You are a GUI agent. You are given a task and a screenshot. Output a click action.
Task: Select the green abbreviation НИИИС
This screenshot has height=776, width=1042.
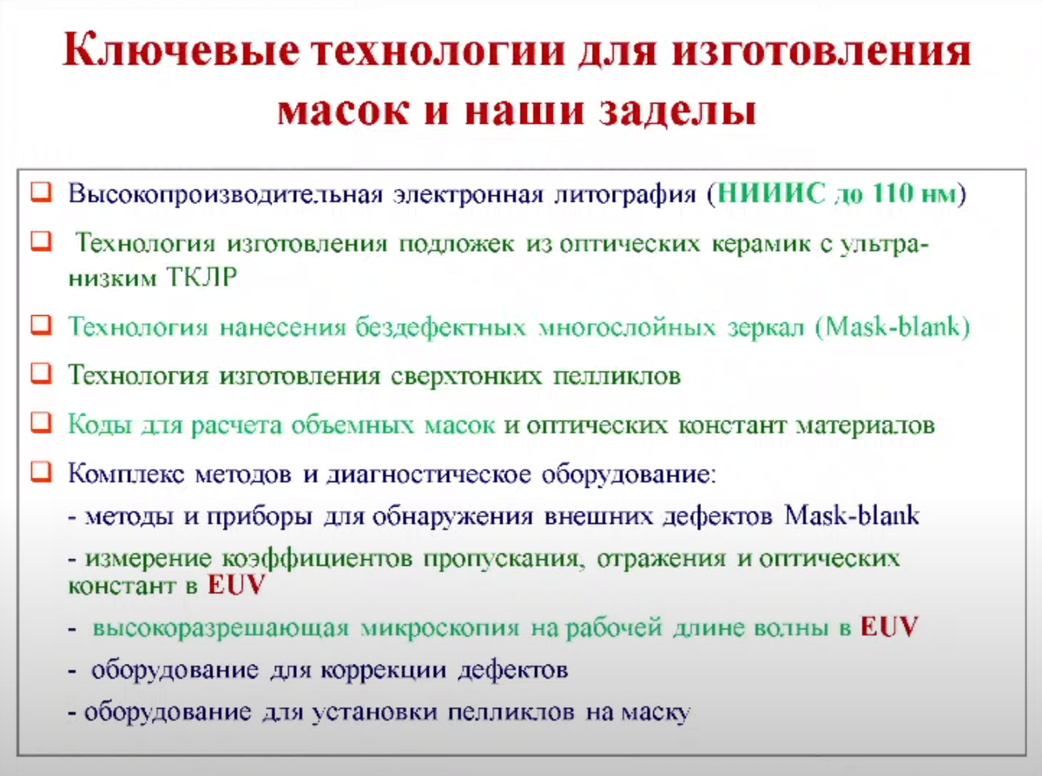pos(771,193)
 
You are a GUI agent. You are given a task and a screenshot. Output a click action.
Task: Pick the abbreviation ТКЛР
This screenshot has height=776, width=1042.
pos(202,277)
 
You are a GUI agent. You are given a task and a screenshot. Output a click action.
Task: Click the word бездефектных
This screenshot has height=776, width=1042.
pos(440,327)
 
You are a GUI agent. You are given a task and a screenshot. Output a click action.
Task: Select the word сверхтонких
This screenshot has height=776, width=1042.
pos(466,376)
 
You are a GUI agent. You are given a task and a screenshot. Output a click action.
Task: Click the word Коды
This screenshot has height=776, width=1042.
pos(100,425)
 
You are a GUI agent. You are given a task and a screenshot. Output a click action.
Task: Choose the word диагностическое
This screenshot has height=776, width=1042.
pos(429,475)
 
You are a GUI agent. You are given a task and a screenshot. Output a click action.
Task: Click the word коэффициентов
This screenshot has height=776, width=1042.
pos(317,559)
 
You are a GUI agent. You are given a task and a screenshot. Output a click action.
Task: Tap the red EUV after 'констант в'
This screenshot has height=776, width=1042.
pos(236,585)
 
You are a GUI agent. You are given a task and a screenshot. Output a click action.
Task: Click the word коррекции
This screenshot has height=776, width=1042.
pos(383,670)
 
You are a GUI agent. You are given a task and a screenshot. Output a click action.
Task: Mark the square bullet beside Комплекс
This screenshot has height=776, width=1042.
pos(41,471)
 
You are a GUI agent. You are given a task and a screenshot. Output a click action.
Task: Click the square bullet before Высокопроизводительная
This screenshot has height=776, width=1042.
pos(41,192)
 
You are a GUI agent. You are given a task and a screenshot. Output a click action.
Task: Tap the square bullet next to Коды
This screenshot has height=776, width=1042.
pos(41,422)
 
